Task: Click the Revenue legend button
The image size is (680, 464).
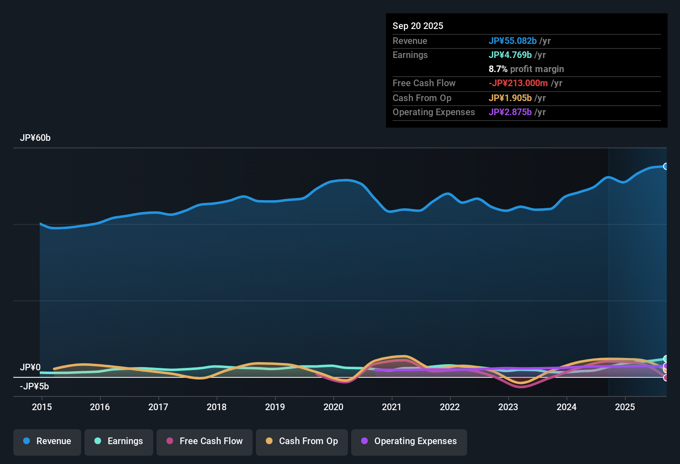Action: pos(47,441)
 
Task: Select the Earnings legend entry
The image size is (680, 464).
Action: pos(119,441)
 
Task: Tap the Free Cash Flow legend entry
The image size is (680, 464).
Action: pos(205,441)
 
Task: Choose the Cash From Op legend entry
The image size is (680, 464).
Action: pos(302,441)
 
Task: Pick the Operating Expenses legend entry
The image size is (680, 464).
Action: pos(409,441)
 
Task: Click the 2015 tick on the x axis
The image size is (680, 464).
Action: pos(42,407)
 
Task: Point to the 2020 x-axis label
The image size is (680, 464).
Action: pos(333,407)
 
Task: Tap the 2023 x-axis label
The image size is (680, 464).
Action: pos(508,407)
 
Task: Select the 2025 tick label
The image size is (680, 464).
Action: pos(625,407)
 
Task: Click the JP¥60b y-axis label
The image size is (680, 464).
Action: pos(35,138)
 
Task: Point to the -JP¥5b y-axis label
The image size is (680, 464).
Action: pos(34,387)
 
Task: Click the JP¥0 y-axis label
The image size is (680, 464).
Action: pos(30,367)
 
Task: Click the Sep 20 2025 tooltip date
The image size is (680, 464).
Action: pos(418,26)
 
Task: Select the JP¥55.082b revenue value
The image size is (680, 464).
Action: pos(513,41)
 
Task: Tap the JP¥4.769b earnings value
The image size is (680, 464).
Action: pos(510,55)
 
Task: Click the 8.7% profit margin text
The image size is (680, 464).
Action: pos(526,69)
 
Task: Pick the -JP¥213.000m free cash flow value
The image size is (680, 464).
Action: pos(518,83)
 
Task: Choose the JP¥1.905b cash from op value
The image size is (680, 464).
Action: pos(510,98)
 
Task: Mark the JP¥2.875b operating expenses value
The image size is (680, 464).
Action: pos(510,112)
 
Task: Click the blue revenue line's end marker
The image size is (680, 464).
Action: pos(666,167)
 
